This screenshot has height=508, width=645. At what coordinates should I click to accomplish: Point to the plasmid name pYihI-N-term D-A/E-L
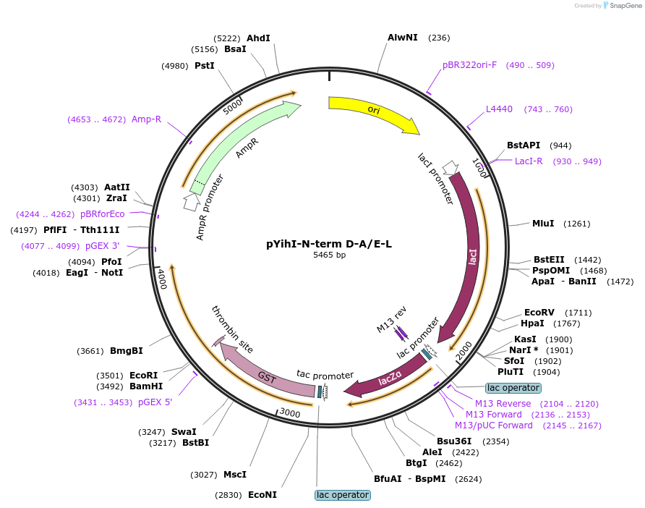click(x=329, y=244)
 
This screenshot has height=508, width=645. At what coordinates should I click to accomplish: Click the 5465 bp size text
click(x=329, y=255)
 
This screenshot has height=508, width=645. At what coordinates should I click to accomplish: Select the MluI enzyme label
click(x=543, y=223)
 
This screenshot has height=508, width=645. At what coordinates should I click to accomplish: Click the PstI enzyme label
click(x=205, y=66)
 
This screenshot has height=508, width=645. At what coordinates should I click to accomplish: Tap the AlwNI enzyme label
click(x=403, y=38)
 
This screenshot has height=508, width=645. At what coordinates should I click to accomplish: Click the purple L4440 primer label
click(x=499, y=109)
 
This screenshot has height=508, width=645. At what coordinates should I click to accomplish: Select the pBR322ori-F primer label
click(x=469, y=65)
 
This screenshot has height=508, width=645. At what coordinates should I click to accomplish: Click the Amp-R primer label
click(x=146, y=119)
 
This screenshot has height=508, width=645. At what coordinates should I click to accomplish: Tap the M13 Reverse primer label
click(x=503, y=403)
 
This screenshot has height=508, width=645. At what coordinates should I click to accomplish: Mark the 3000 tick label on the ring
click(x=289, y=412)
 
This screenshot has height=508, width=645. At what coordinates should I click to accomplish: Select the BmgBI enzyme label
click(x=127, y=351)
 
